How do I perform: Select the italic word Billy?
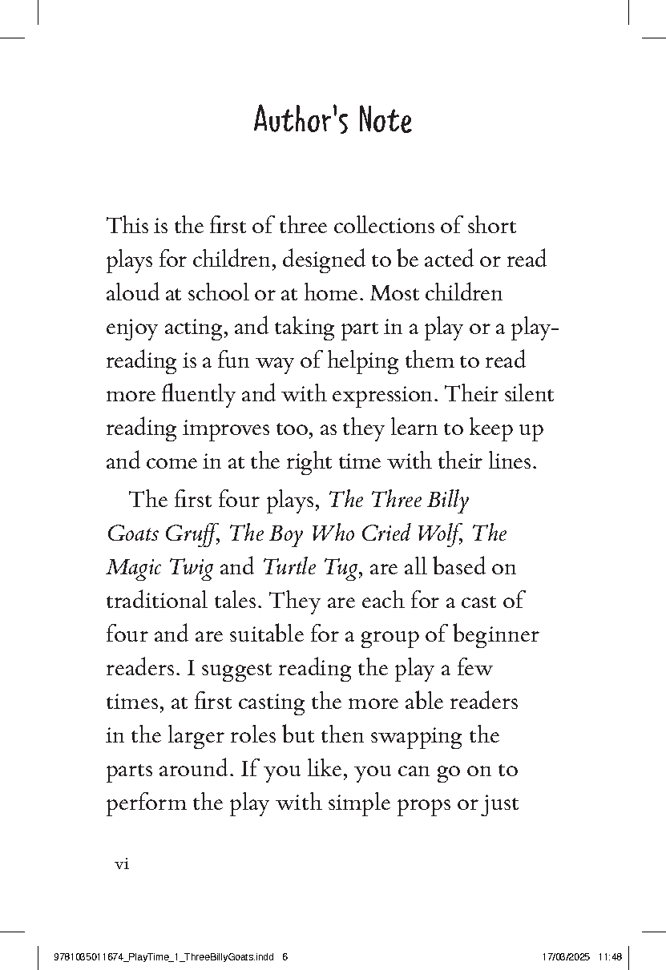(446, 500)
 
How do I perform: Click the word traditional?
(164, 602)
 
